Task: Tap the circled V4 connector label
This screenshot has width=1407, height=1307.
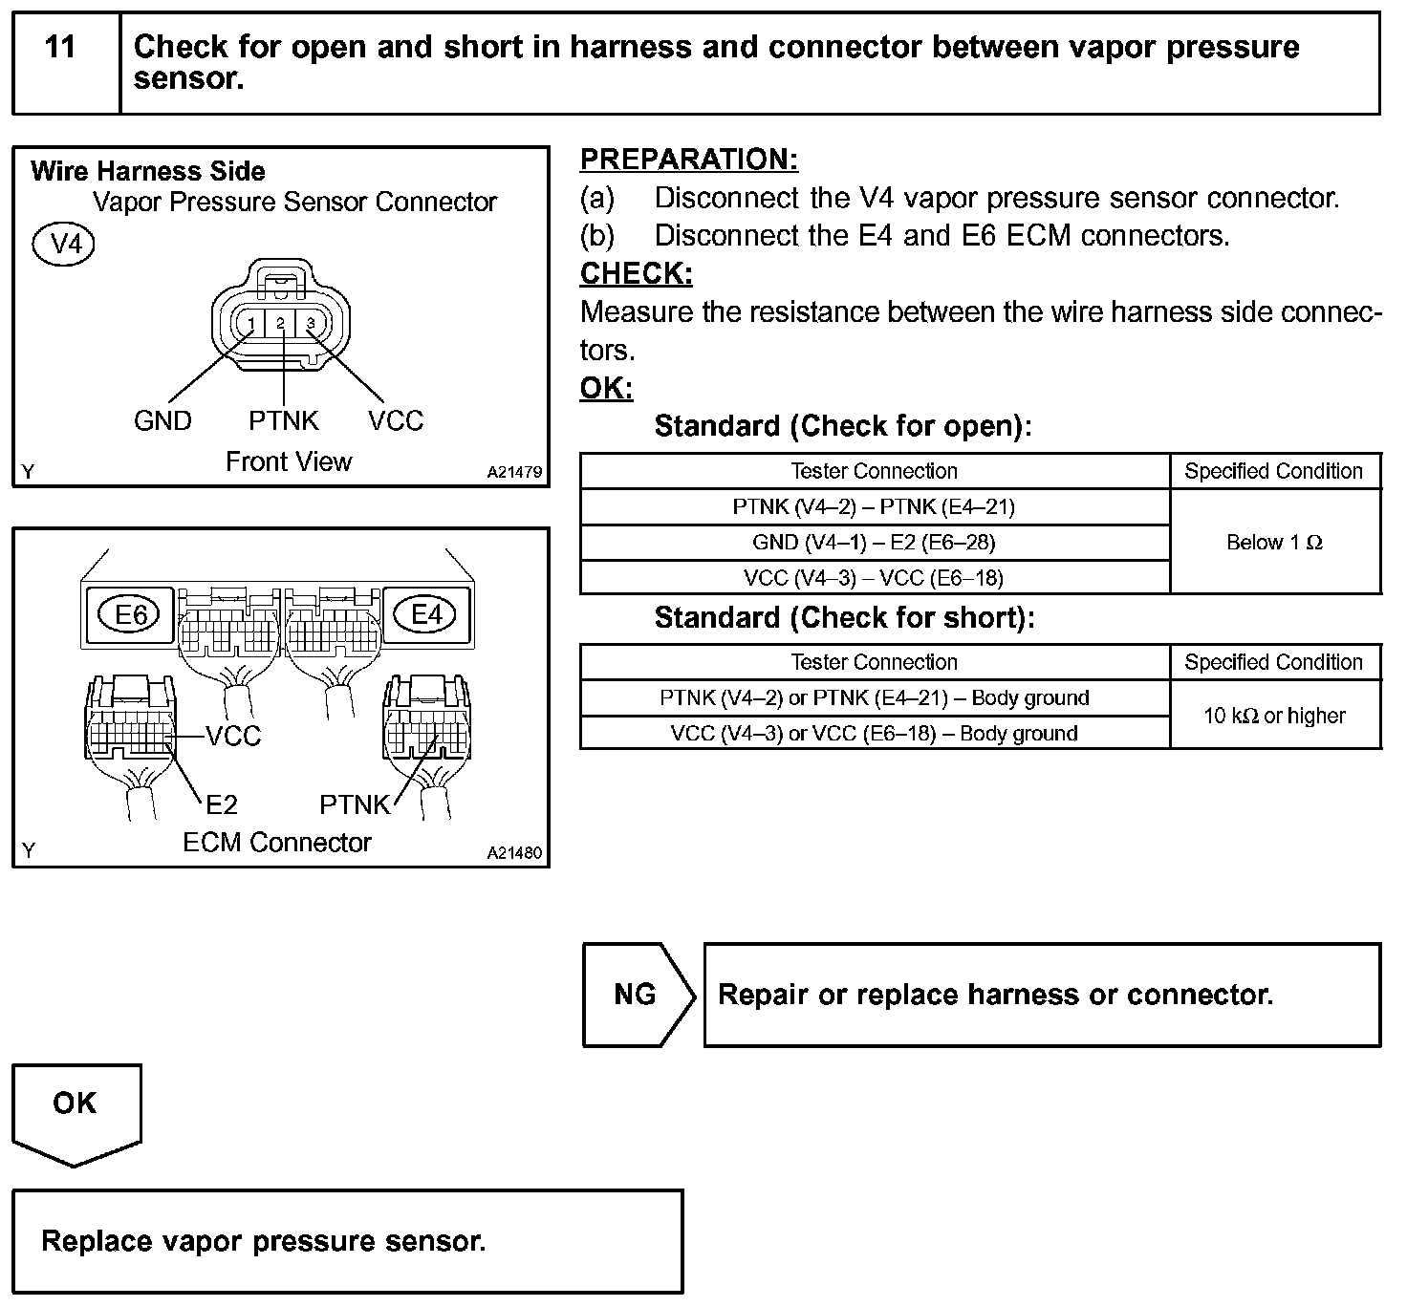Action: coord(64,245)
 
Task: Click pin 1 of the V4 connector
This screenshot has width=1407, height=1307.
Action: coord(250,324)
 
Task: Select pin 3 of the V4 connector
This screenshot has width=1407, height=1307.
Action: coord(311,324)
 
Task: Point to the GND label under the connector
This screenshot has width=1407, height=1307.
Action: coord(162,420)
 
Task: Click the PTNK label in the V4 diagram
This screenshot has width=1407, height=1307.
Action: coord(283,420)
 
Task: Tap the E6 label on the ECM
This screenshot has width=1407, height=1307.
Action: coord(131,614)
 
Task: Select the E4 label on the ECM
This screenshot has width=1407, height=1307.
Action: coord(426,614)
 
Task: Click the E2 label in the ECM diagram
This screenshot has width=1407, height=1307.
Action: coord(221,804)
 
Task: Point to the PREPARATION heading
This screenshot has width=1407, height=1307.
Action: coord(688,160)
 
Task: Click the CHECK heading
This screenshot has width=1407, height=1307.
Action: coord(636,273)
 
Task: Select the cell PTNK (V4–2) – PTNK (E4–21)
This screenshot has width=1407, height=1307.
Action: coord(874,506)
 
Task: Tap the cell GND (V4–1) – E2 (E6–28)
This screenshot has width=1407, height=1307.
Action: coord(874,543)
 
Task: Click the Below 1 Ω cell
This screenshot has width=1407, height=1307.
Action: coord(1274,543)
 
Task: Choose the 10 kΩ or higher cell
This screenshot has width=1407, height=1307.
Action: coord(1274,716)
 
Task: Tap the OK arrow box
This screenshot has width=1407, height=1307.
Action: coord(76,1108)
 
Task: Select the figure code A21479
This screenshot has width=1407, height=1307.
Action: coord(514,472)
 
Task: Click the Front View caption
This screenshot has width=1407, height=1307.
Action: coord(289,461)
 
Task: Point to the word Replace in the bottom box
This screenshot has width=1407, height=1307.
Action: coord(97,1241)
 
